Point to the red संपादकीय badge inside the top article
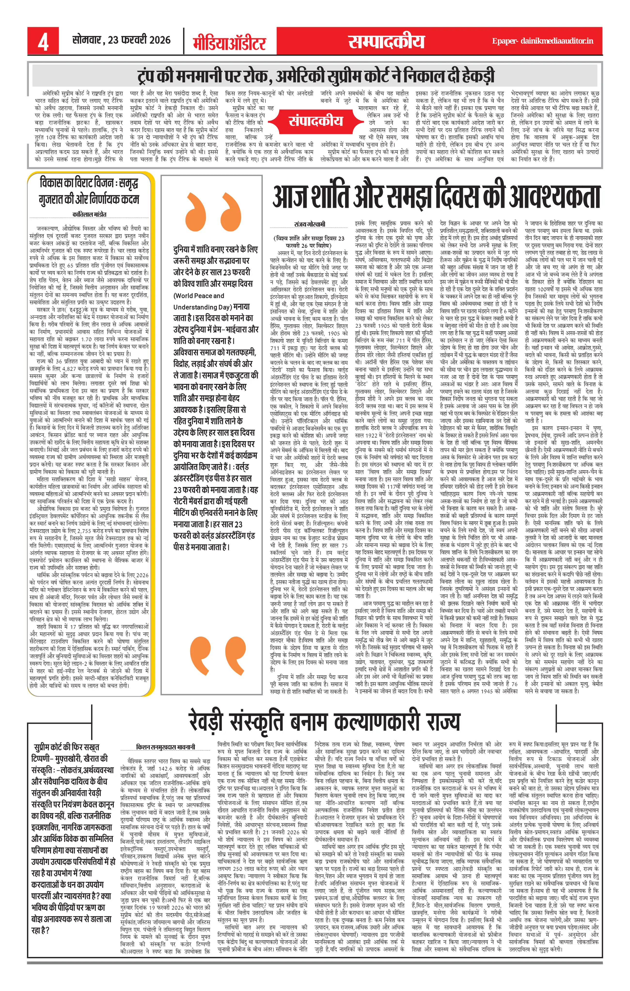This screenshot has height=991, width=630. coord(316,121)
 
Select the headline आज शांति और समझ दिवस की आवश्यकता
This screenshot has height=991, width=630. coord(437,197)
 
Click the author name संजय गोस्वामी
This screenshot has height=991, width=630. coord(309,224)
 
